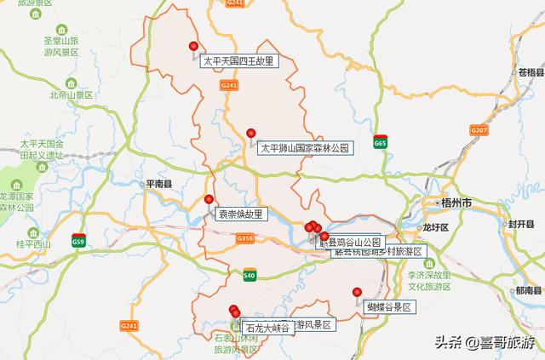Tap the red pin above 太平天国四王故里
tap(193, 47)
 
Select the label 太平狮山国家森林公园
tap(304, 148)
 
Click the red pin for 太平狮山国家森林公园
tap(250, 133)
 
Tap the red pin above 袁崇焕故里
tap(209, 199)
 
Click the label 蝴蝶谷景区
tap(388, 306)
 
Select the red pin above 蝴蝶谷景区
tap(357, 293)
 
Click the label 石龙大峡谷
tap(267, 328)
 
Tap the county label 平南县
tap(158, 184)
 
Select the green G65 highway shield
tap(380, 144)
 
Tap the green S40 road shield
tap(249, 275)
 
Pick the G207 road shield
tap(479, 130)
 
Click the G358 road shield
tap(246, 239)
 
